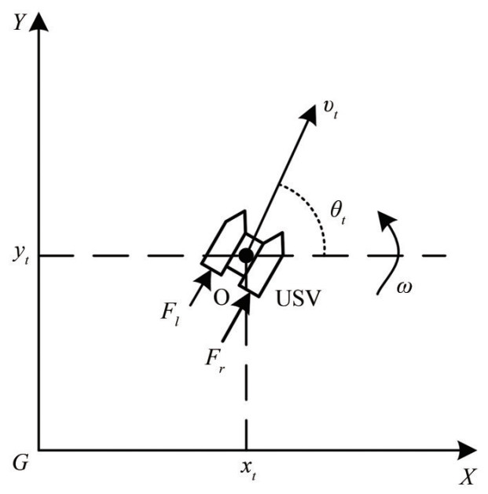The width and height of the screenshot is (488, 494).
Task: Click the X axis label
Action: point(468,476)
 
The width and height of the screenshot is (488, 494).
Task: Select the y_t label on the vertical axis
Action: point(19,255)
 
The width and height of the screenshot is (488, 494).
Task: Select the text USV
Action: point(297,300)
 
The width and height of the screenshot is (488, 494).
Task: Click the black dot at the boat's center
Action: point(246,255)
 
